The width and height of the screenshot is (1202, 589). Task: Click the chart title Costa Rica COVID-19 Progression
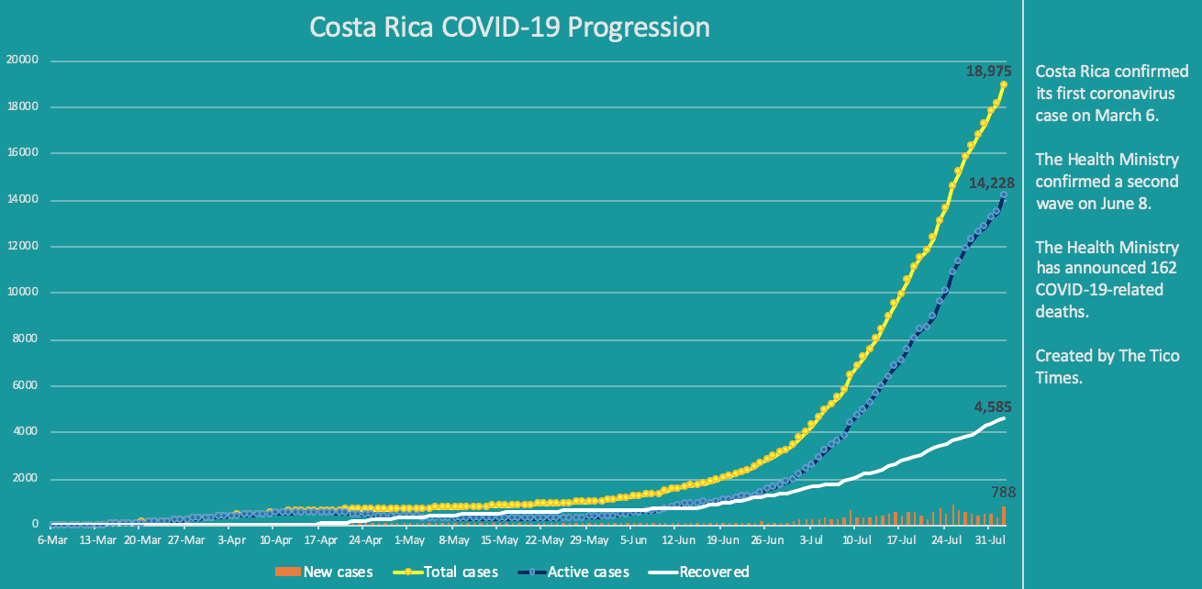[509, 28]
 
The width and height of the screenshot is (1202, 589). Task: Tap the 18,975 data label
[988, 70]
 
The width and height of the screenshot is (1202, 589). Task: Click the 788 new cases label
[1003, 493]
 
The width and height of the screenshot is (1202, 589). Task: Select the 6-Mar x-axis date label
[51, 541]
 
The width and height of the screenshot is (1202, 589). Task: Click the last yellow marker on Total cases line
[1004, 84]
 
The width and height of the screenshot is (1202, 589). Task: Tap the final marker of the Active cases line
[1004, 194]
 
